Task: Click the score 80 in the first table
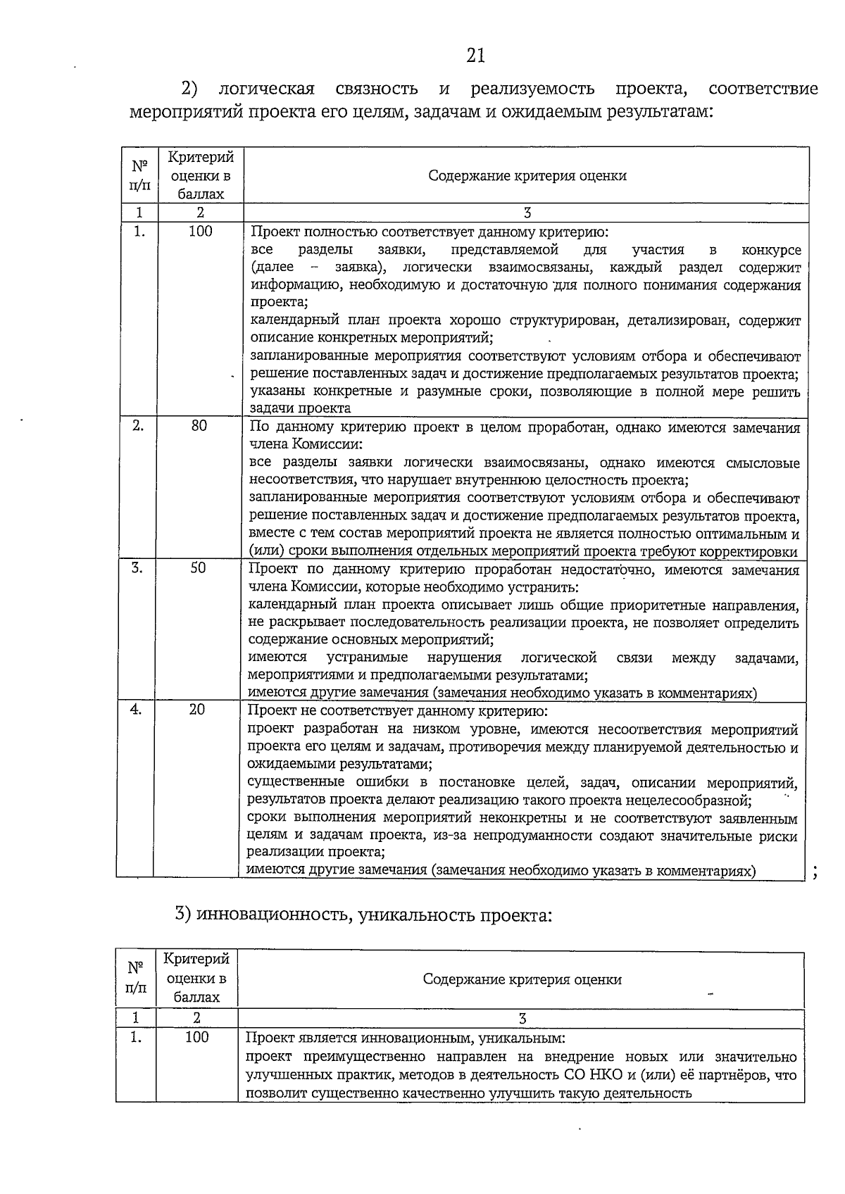pyautogui.click(x=199, y=426)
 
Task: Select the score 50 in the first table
pyautogui.click(x=198, y=567)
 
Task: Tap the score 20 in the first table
pyautogui.click(x=197, y=710)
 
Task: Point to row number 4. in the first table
pyautogui.click(x=136, y=710)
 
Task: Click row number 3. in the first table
pyautogui.click(x=137, y=567)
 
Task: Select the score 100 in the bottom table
pyautogui.click(x=197, y=1037)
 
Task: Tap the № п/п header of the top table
pyautogui.click(x=139, y=176)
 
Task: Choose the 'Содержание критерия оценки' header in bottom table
pyautogui.click(x=522, y=979)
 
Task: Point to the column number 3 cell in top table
pyautogui.click(x=527, y=213)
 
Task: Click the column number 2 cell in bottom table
pyautogui.click(x=196, y=1018)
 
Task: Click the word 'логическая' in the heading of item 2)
pyautogui.click(x=266, y=89)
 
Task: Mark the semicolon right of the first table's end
pyautogui.click(x=815, y=874)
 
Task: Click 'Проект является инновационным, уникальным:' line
pyautogui.click(x=405, y=1038)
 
